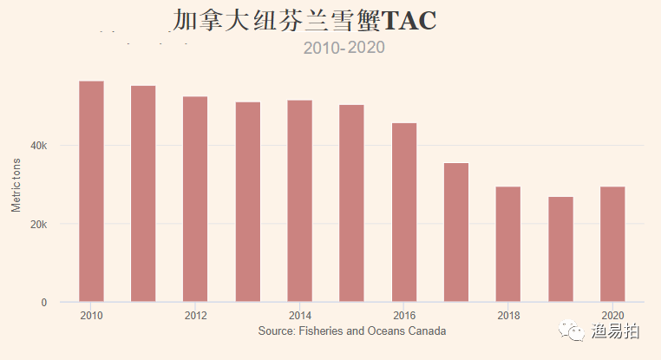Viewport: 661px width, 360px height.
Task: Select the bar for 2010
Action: pos(91,192)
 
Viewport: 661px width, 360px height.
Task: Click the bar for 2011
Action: pos(143,194)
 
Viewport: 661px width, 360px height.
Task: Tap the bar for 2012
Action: pos(195,200)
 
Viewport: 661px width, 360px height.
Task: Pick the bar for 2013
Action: pos(248,202)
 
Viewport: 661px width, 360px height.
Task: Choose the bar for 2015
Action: pos(352,204)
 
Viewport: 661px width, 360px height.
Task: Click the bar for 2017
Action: pos(456,232)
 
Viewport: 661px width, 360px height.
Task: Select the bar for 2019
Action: pos(560,250)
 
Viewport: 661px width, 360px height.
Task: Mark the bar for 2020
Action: pos(612,245)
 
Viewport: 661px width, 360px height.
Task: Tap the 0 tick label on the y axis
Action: pos(43,303)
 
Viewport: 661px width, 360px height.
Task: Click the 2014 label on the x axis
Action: pos(300,315)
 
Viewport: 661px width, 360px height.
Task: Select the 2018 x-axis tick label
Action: pos(508,315)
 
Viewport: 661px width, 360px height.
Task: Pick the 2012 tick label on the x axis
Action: pos(196,315)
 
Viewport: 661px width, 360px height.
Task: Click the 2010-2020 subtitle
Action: pos(344,48)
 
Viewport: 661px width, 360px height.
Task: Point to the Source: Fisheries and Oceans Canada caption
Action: pos(352,331)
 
